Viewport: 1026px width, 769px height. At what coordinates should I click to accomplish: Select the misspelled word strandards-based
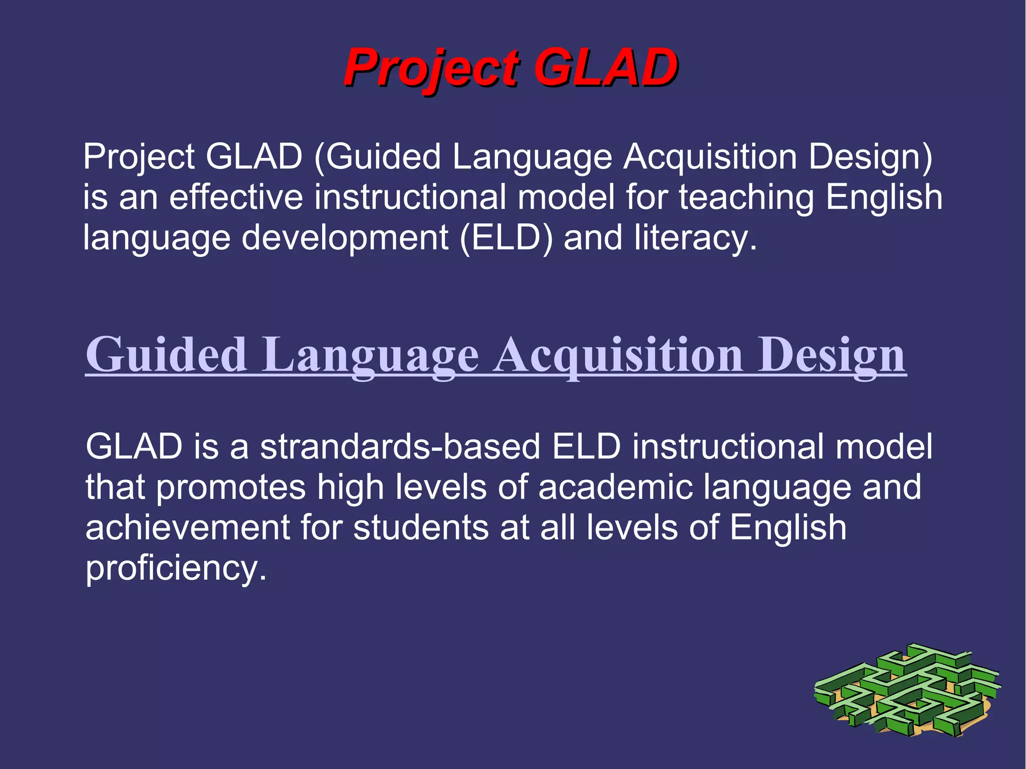tap(400, 446)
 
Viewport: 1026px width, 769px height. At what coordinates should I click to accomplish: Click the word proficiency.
tap(175, 568)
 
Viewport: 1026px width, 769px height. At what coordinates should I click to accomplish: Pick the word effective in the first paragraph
tap(236, 197)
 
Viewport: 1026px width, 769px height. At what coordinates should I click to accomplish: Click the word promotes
tap(231, 487)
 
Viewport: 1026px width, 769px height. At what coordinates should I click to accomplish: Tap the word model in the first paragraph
tap(566, 197)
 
